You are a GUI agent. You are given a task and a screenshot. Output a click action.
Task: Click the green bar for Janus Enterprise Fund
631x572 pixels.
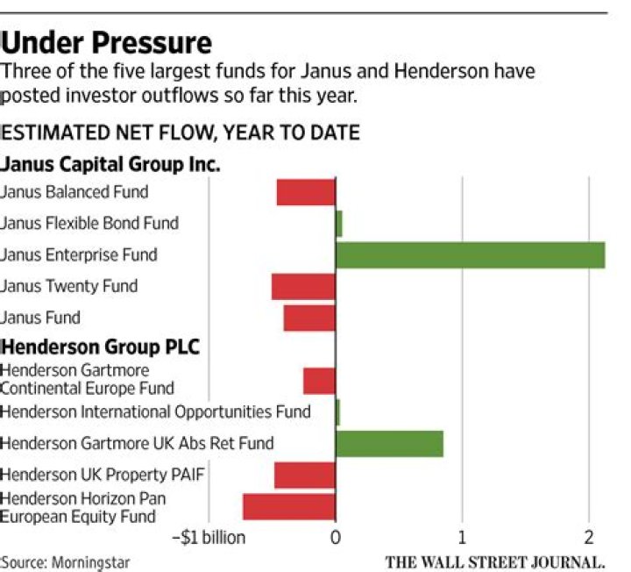470,255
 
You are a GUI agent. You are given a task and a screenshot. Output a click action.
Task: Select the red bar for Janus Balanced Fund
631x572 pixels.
306,192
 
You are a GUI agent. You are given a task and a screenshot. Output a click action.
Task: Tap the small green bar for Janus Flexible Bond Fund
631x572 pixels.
339,224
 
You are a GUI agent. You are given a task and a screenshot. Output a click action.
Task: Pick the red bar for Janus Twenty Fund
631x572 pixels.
303,287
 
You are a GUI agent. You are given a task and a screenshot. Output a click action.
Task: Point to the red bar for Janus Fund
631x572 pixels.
309,318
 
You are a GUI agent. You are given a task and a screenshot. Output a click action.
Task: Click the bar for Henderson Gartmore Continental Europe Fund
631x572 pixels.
319,381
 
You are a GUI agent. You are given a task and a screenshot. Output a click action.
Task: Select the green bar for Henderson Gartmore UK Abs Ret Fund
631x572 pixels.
389,444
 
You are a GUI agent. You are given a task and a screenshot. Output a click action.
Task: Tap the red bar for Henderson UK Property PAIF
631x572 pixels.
305,475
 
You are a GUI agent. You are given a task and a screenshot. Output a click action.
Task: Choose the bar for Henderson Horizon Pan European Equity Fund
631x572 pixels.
289,507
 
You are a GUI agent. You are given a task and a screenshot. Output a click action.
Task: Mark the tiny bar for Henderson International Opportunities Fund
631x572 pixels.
337,411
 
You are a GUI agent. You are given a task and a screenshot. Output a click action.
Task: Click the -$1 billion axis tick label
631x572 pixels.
208,537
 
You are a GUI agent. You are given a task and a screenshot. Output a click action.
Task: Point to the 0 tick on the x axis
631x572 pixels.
336,537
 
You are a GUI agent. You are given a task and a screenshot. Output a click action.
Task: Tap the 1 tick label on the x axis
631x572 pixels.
462,537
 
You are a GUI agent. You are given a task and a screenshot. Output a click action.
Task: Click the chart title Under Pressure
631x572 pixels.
106,41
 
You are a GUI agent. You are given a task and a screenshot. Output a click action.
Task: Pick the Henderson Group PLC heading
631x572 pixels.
101,347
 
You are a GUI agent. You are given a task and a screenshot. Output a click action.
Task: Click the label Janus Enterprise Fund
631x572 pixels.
79,255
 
